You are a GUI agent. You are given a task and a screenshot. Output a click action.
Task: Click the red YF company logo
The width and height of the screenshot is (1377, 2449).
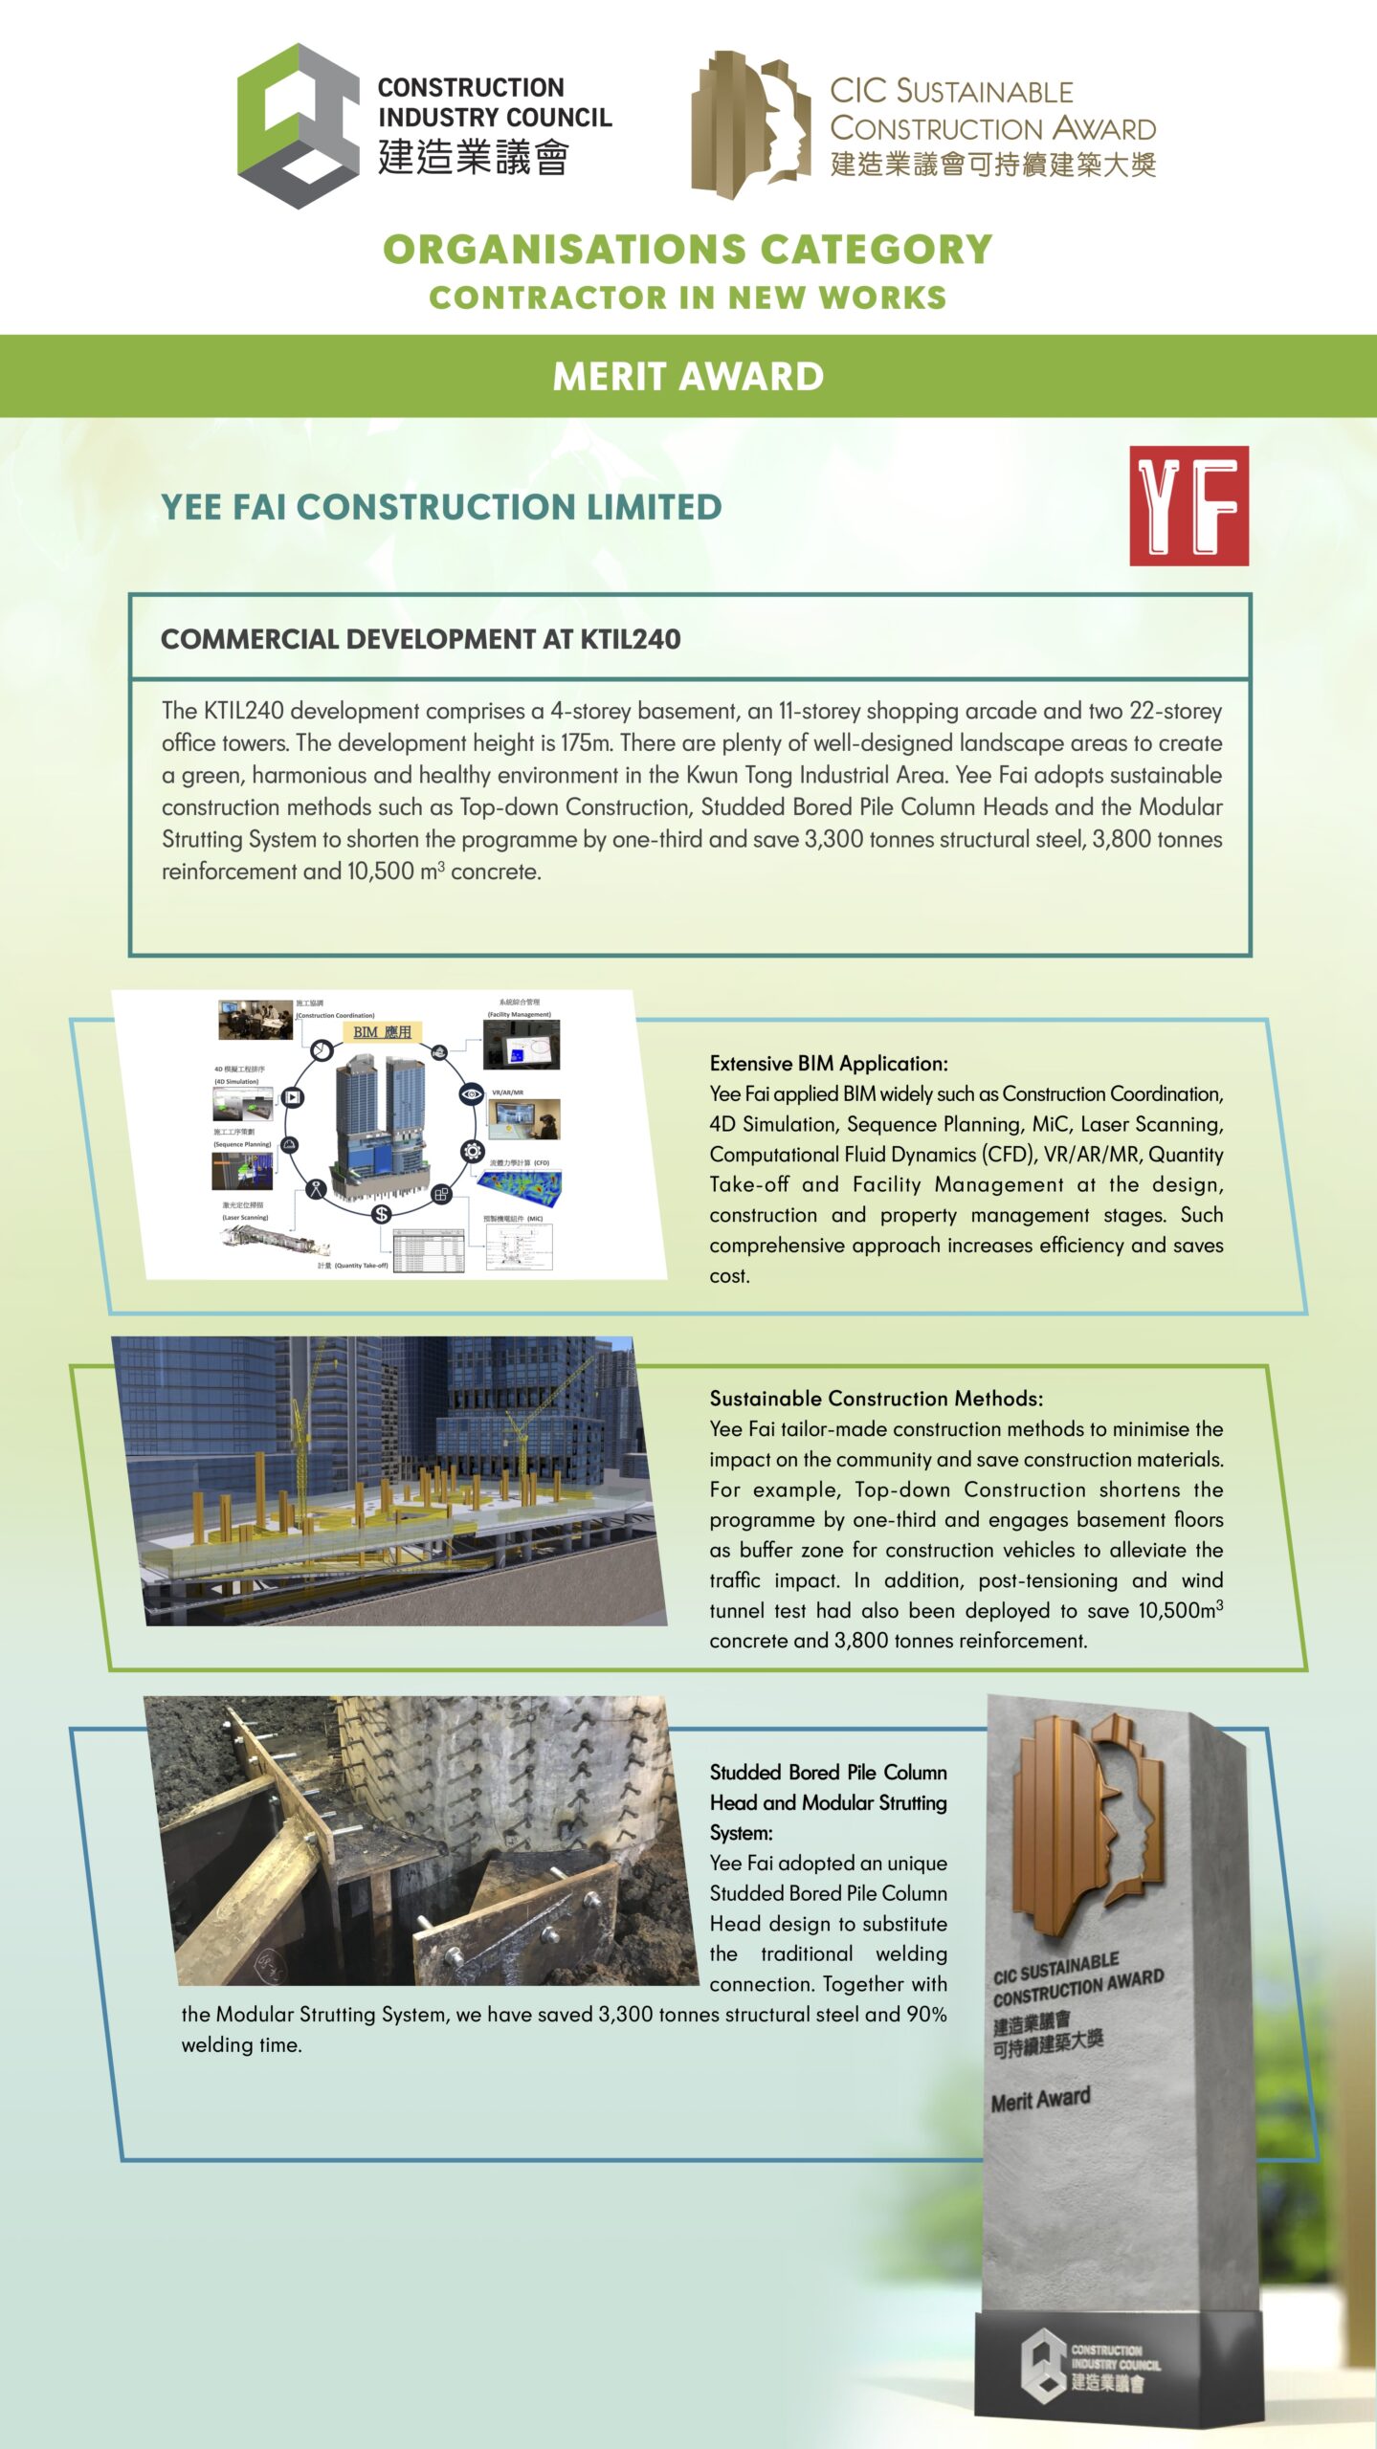1188,505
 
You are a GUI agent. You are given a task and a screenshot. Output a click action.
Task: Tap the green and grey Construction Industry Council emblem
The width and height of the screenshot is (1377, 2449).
298,125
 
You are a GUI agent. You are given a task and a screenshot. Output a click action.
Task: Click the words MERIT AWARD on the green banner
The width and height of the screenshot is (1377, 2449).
688,376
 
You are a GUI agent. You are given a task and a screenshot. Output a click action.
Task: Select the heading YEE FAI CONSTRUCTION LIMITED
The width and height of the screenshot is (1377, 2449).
441,507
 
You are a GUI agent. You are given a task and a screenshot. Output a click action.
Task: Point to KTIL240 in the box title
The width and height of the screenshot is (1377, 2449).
631,639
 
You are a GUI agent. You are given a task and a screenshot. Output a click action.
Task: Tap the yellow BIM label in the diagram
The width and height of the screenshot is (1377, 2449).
382,1032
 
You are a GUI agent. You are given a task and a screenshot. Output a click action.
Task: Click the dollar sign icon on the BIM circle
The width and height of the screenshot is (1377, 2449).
382,1214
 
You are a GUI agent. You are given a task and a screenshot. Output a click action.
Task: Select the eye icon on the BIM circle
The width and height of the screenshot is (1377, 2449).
471,1093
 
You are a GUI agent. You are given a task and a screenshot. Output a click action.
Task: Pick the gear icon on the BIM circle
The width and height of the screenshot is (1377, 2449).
472,1151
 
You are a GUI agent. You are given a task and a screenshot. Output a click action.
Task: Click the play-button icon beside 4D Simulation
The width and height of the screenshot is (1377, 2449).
292,1097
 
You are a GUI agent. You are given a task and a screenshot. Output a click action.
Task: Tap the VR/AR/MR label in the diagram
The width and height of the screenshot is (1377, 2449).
507,1092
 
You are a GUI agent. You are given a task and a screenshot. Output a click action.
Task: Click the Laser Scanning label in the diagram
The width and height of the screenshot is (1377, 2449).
245,1218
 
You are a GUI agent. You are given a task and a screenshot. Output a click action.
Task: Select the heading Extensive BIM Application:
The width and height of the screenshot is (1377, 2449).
829,1063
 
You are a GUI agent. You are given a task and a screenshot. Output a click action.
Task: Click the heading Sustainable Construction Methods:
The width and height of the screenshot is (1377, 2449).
876,1398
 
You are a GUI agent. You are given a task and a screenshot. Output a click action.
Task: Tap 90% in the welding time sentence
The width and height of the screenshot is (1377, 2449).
926,2014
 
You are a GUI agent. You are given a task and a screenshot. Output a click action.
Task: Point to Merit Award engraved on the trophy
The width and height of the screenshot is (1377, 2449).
1040,2101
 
